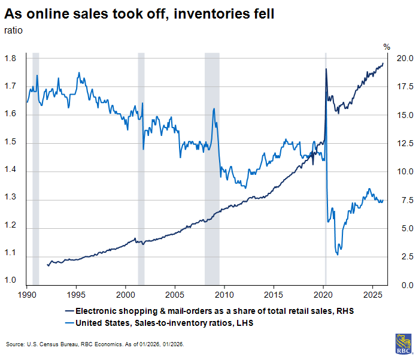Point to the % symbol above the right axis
[x=386, y=47]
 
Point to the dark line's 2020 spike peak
[x=326, y=69]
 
